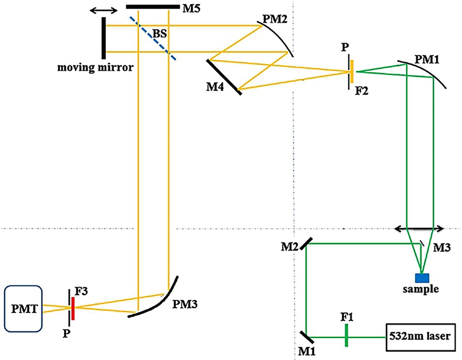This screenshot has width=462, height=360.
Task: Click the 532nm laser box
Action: [420, 337]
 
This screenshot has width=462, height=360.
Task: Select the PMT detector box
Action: [23, 309]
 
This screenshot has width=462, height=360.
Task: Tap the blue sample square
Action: [422, 278]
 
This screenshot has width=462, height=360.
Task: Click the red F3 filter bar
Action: [73, 308]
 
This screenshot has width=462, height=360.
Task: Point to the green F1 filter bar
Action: [346, 337]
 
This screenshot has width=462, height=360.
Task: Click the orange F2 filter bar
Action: [352, 71]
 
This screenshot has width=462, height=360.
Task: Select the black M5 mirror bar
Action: [153, 7]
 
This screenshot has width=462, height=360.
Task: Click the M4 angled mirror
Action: [224, 77]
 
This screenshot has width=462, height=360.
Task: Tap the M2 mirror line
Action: [306, 243]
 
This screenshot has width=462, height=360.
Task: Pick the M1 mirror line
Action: [306, 337]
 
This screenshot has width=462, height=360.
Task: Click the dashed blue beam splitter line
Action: [153, 38]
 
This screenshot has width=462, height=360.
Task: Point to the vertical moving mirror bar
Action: [103, 38]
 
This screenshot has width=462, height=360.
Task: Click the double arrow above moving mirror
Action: [103, 11]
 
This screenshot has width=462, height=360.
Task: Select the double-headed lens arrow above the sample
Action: [419, 229]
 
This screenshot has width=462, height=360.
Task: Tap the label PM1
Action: [427, 60]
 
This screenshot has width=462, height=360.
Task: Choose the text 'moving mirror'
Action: [95, 67]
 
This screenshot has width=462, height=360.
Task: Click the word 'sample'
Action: [421, 289]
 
